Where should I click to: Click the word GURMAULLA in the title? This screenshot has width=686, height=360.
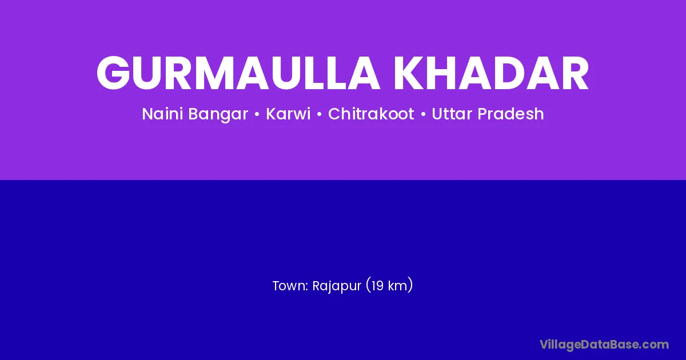click(238, 73)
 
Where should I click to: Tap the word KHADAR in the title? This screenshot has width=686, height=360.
click(492, 73)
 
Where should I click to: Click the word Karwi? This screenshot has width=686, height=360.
click(288, 114)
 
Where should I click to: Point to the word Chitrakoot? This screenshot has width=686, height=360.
click(371, 114)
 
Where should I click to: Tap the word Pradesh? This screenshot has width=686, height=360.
click(510, 114)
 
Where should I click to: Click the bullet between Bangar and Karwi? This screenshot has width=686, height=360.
click(257, 114)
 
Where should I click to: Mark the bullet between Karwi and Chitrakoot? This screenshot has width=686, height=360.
click(320, 114)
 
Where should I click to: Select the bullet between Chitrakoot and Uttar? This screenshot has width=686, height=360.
click(423, 114)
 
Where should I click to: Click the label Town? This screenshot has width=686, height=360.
click(290, 286)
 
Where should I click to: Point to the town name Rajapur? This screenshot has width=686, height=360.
click(337, 286)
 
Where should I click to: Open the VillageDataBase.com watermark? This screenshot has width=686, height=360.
click(604, 345)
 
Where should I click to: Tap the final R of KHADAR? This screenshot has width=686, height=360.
click(574, 73)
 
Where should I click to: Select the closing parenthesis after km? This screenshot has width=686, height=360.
click(410, 285)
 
